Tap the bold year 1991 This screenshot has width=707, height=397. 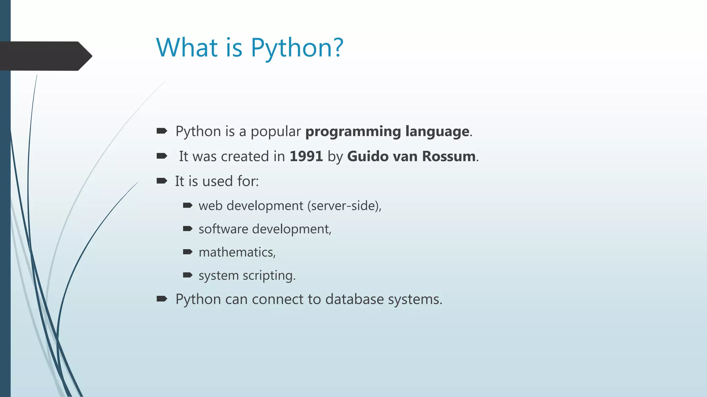306,156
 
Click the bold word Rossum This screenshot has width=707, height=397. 448,156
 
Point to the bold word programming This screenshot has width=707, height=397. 353,132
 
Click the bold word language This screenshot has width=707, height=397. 437,132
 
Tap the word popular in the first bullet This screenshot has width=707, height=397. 275,132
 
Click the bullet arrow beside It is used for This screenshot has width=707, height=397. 162,181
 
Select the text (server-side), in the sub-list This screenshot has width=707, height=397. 344,206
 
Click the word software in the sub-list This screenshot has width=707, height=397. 223,229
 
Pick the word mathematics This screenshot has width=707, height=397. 237,252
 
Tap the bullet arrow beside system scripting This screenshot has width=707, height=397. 187,275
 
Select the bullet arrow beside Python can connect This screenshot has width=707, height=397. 162,299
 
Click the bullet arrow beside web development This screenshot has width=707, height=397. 187,206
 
